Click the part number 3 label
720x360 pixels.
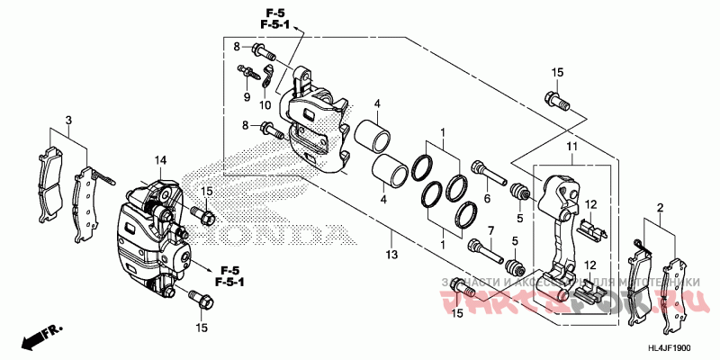tap(67, 120)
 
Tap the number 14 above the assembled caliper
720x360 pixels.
tap(160, 160)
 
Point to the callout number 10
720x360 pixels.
tap(265, 105)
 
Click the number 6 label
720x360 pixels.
tap(487, 199)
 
